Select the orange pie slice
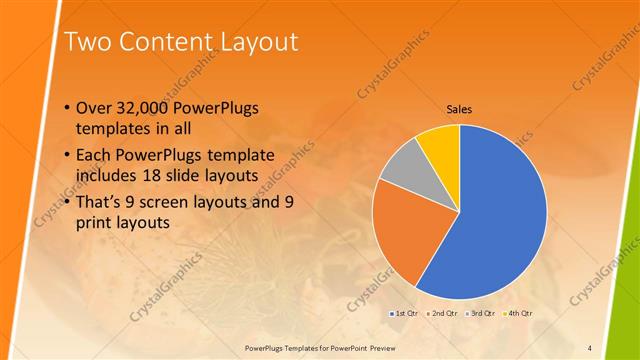point(405,235)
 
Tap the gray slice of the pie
point(404,166)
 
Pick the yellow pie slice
point(441,144)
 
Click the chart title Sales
point(459,110)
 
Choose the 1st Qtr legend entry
point(404,314)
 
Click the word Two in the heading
point(88,42)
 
